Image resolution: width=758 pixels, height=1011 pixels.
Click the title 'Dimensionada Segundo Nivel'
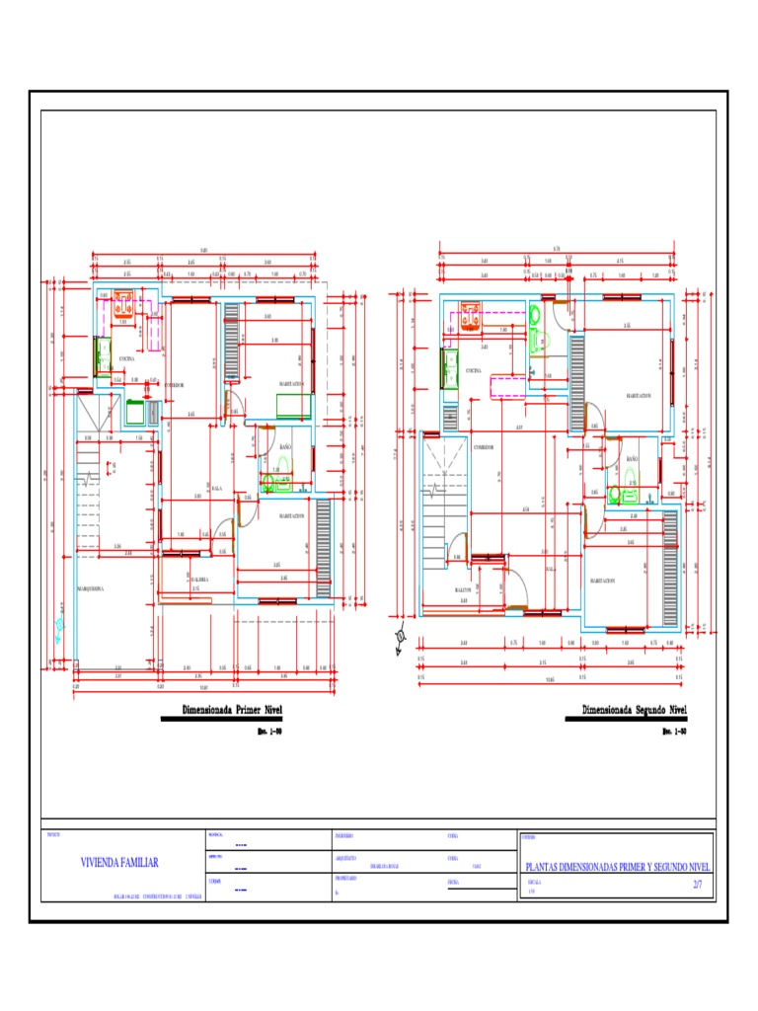[x=634, y=711]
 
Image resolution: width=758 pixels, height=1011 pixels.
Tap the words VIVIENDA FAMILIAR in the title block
[x=119, y=862]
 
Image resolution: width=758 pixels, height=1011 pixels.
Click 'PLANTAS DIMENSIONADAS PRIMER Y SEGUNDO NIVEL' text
[x=616, y=866]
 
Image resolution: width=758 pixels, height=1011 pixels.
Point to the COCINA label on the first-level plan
[x=127, y=358]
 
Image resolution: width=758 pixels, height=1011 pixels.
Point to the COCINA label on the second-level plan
[x=473, y=370]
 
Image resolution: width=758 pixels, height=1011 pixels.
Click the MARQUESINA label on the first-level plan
[x=91, y=589]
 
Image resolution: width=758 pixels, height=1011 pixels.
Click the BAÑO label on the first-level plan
[x=286, y=447]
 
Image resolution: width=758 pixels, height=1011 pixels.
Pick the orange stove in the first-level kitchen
[x=125, y=298]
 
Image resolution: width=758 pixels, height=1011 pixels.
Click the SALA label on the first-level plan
[x=216, y=489]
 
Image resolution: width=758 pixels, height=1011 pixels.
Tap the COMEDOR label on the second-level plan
[x=483, y=447]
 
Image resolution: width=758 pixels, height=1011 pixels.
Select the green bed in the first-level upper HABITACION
[x=294, y=406]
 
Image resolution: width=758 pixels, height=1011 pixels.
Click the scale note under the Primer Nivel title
[x=268, y=732]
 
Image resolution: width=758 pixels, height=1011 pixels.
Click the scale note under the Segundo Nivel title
[x=674, y=732]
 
